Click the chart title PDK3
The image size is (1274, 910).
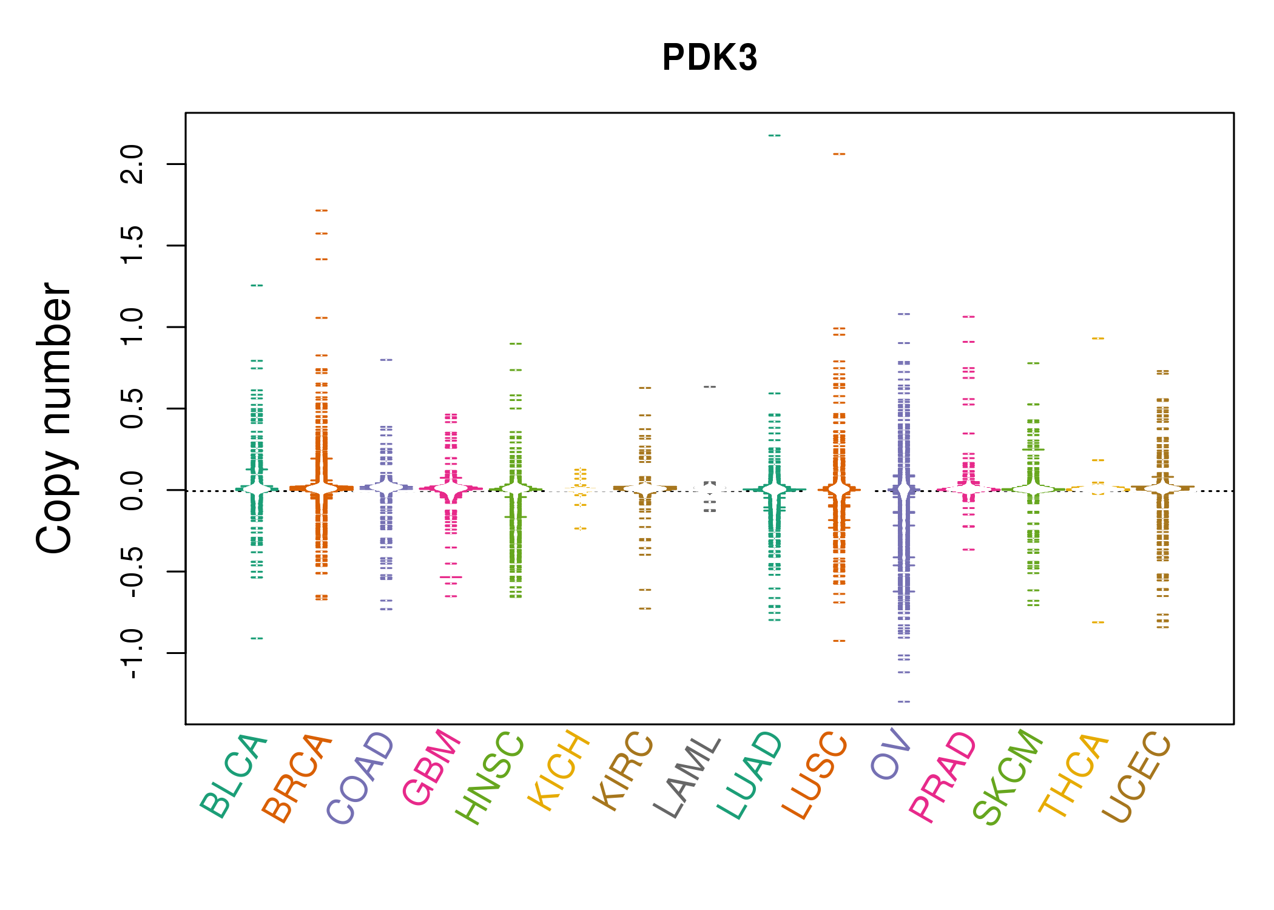pyautogui.click(x=709, y=58)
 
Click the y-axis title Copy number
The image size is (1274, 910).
pyautogui.click(x=55, y=419)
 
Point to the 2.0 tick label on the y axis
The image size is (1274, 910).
pyautogui.click(x=132, y=164)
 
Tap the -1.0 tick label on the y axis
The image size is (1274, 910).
pyautogui.click(x=132, y=654)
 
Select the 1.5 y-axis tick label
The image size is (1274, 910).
pyautogui.click(x=132, y=245)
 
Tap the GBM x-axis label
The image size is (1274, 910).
pyautogui.click(x=431, y=767)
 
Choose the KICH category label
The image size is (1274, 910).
pyautogui.click(x=559, y=770)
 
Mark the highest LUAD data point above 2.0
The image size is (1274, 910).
pyautogui.click(x=775, y=135)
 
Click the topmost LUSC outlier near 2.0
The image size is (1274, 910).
pyautogui.click(x=839, y=154)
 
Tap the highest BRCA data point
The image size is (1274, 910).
pyautogui.click(x=322, y=211)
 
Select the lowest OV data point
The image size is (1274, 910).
pyautogui.click(x=904, y=701)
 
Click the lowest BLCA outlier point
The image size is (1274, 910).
pyautogui.click(x=257, y=638)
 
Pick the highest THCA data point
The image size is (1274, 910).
pyautogui.click(x=1098, y=338)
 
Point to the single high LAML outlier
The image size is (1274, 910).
pyautogui.click(x=710, y=386)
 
